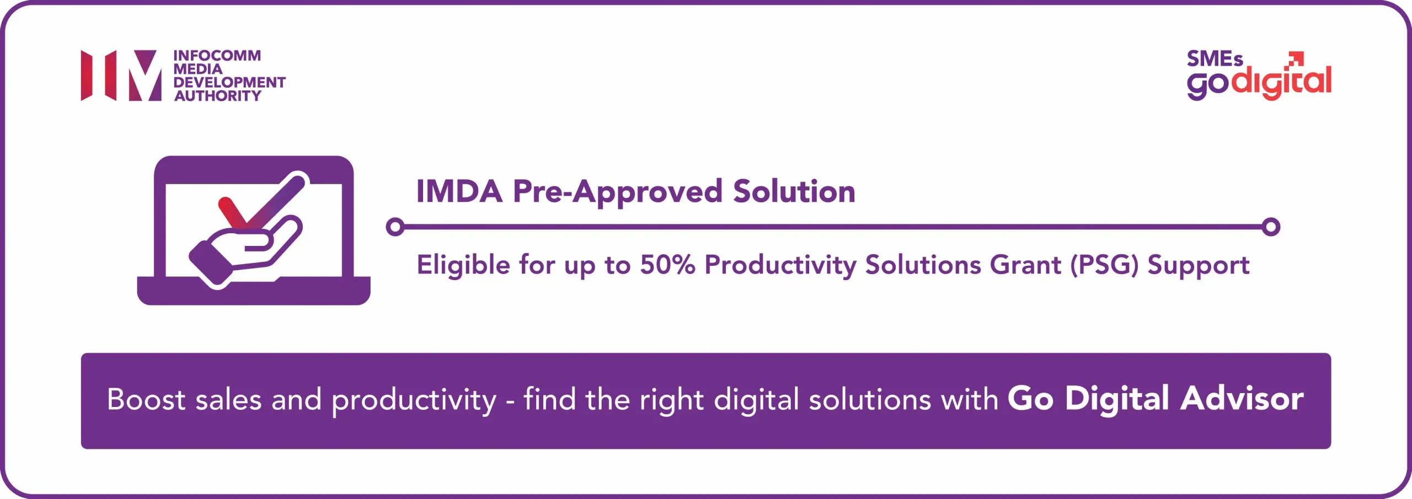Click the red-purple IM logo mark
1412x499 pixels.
[x=121, y=76]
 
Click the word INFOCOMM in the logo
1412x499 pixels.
[x=217, y=56]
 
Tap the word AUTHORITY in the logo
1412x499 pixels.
[x=218, y=96]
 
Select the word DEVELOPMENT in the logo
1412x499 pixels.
[x=229, y=82]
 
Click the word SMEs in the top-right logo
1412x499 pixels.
[x=1215, y=59]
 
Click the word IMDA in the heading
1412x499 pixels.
[x=459, y=192]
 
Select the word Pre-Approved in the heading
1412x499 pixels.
[x=617, y=192]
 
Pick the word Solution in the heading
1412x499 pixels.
[x=794, y=192]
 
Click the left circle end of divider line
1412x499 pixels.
[x=395, y=227]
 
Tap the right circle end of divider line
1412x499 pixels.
[x=1271, y=227]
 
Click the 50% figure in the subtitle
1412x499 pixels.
[x=667, y=265]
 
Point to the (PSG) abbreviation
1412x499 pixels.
[x=1104, y=265]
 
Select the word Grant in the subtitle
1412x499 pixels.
[x=1025, y=265]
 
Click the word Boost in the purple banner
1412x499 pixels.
[x=146, y=399]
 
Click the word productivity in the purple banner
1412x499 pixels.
[x=414, y=400]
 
